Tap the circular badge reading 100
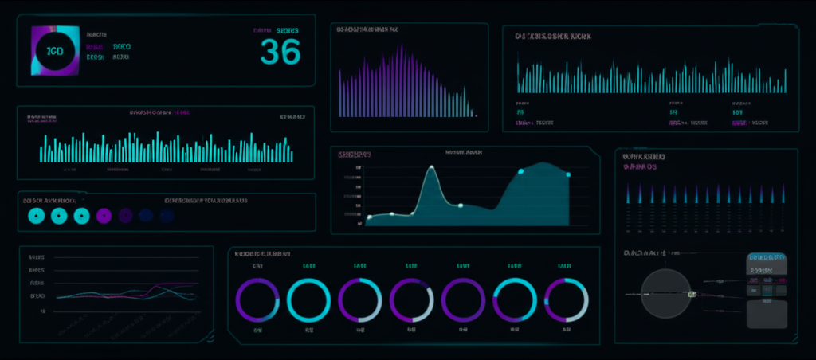coord(55,51)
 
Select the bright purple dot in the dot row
coord(103,215)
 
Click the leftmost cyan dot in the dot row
coord(36,215)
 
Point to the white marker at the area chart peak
coord(431,168)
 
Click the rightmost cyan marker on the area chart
coord(568,174)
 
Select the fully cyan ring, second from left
coord(308,300)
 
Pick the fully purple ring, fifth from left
coord(463,300)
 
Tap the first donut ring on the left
coord(257,300)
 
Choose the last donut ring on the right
coord(566,300)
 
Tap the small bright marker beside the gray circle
coord(692,295)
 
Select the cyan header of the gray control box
coord(766,259)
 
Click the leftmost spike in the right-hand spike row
coord(629,193)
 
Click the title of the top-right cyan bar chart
coord(553,37)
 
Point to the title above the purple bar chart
coord(367,29)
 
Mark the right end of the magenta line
coord(197,284)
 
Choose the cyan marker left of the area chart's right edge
coord(521,171)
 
